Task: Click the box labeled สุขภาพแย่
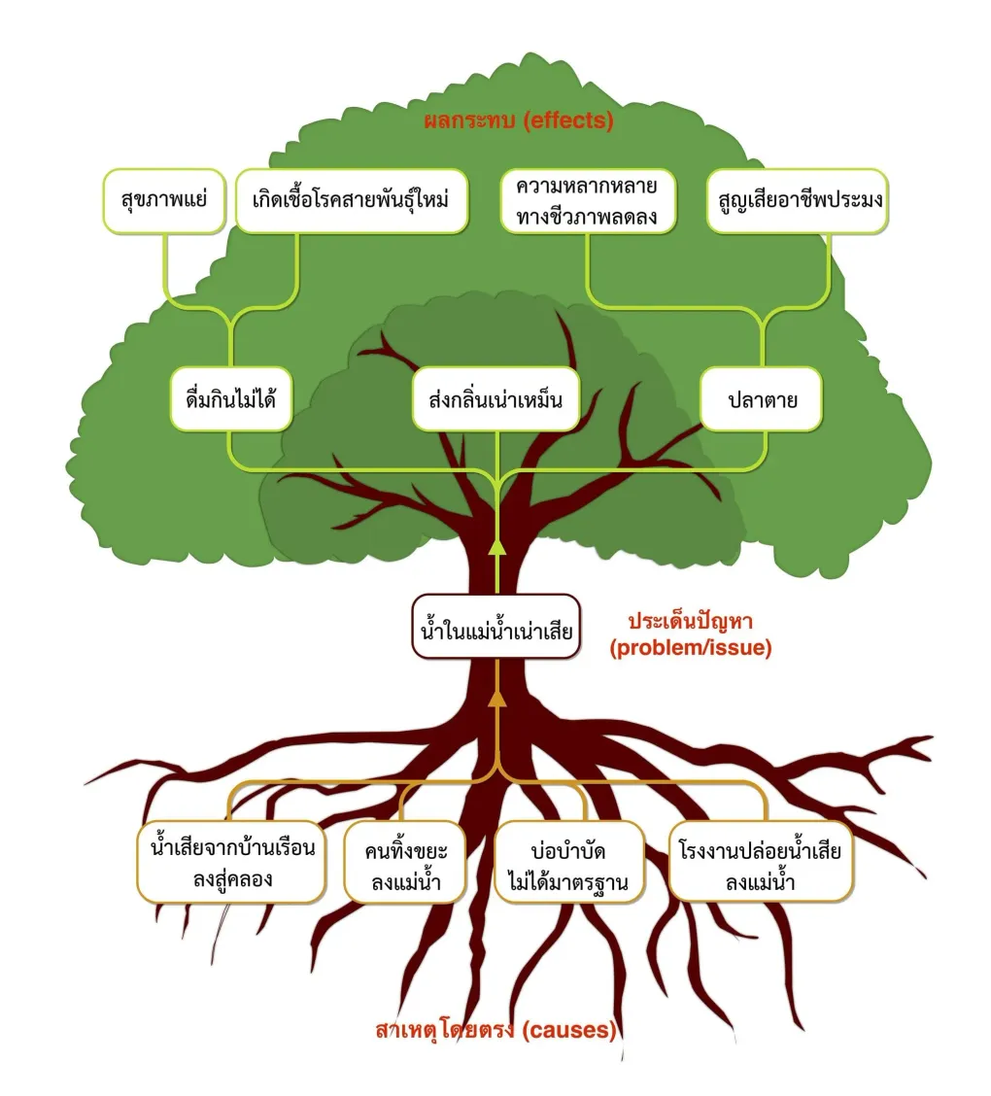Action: click(162, 203)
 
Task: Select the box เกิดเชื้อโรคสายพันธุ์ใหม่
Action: click(351, 203)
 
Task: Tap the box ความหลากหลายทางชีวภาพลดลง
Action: click(589, 202)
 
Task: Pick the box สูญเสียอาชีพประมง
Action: click(797, 203)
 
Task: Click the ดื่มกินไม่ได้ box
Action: click(231, 398)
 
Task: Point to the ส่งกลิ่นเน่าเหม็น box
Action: click(496, 398)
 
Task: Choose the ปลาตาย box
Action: click(763, 398)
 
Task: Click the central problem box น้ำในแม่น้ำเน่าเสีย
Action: click(496, 627)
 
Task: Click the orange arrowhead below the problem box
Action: click(496, 697)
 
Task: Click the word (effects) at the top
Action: click(567, 122)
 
